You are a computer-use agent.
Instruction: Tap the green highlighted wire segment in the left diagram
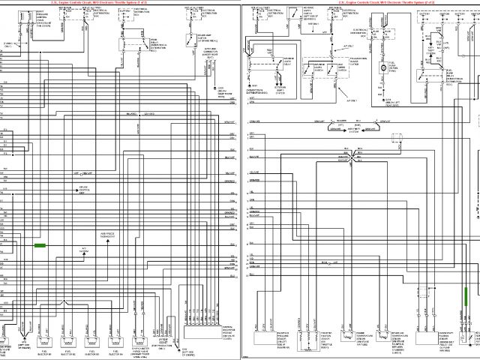point(40,245)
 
